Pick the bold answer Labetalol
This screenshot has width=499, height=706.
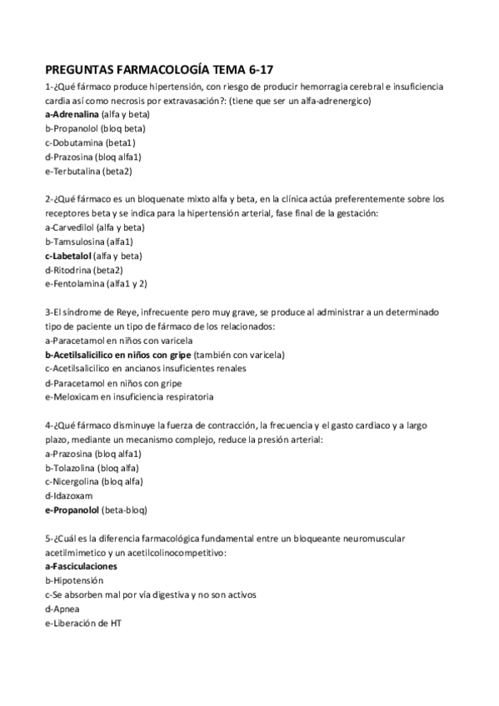[x=72, y=256]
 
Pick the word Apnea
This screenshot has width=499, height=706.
[x=64, y=609]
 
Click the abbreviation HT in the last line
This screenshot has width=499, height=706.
[x=115, y=624]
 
